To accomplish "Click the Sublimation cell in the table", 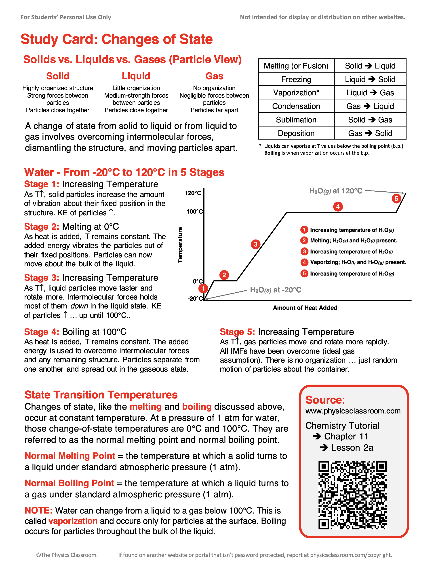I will click(x=296, y=120).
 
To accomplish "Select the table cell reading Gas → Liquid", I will click(x=370, y=106).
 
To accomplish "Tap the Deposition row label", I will click(x=296, y=133).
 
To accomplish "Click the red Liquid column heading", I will click(x=136, y=76).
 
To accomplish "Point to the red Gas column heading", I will click(x=214, y=76).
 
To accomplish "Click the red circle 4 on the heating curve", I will click(x=338, y=207).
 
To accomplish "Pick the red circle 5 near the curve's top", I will click(x=396, y=199).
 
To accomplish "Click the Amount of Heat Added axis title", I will click(x=305, y=308).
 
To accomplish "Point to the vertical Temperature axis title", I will click(x=180, y=245).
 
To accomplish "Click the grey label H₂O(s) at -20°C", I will click(x=275, y=290).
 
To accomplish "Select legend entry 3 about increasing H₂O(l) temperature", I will click(x=351, y=252).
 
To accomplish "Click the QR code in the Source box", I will click(x=352, y=495).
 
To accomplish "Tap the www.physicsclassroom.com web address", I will click(x=353, y=411).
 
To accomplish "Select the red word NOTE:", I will click(x=39, y=510).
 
